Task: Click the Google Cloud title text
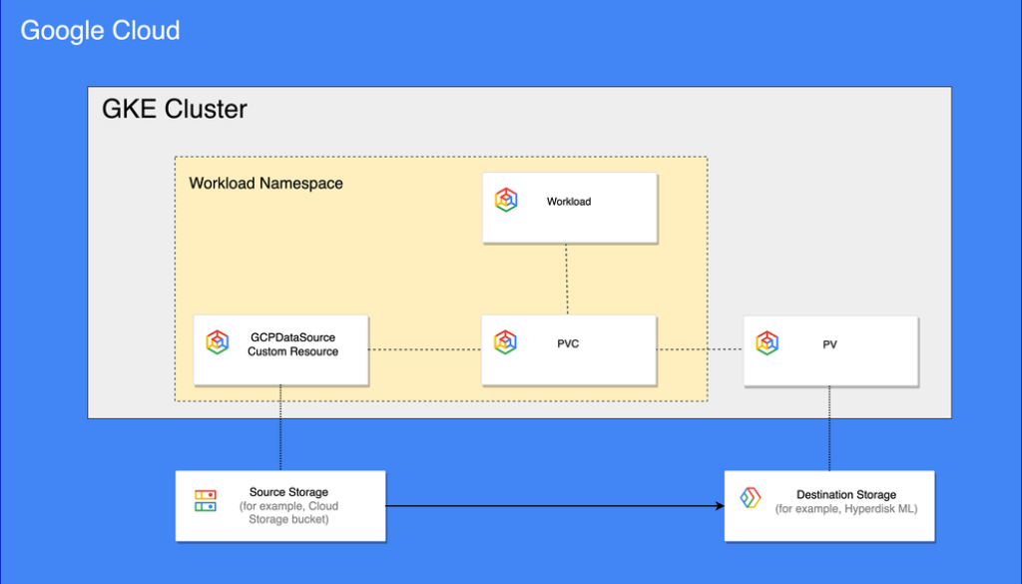coord(100,31)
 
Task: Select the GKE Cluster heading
coord(175,109)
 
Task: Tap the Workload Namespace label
coord(265,184)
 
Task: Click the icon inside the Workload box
coord(506,200)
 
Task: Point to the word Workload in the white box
coord(569,202)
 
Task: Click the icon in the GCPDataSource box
coord(217,342)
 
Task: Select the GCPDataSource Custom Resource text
coord(292,344)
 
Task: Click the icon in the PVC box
coord(505,342)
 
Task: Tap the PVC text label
coord(568,344)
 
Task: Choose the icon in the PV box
coord(766,343)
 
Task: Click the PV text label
coord(829,344)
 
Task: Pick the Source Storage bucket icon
coord(205,500)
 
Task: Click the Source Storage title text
coord(288,492)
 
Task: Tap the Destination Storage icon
coord(751,498)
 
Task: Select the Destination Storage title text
coord(846,495)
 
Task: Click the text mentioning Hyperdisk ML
coord(846,509)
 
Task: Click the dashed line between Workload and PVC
coord(568,279)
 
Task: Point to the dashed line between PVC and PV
coord(700,349)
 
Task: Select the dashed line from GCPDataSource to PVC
coord(424,349)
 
